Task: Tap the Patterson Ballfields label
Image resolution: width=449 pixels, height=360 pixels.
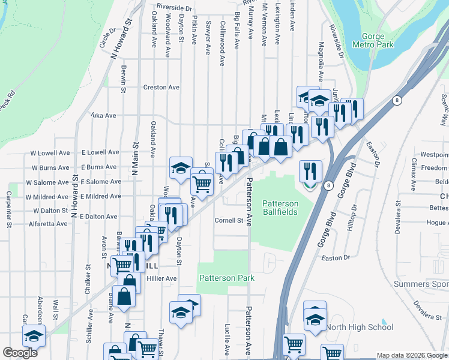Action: click(288, 208)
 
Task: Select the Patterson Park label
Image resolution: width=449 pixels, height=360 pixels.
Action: click(227, 278)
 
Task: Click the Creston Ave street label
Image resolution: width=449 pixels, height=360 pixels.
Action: click(161, 87)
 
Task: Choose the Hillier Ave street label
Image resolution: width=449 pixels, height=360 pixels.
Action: click(163, 278)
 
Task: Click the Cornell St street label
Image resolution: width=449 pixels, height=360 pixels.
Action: click(229, 220)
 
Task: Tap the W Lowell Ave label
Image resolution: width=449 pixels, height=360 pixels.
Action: click(49, 153)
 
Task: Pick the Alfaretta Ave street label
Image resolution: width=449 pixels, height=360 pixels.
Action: click(49, 224)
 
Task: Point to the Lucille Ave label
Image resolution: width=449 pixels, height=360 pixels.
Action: click(227, 339)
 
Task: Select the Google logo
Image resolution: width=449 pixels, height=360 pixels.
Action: click(20, 353)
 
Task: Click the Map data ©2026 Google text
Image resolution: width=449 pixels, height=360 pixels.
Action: click(412, 355)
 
